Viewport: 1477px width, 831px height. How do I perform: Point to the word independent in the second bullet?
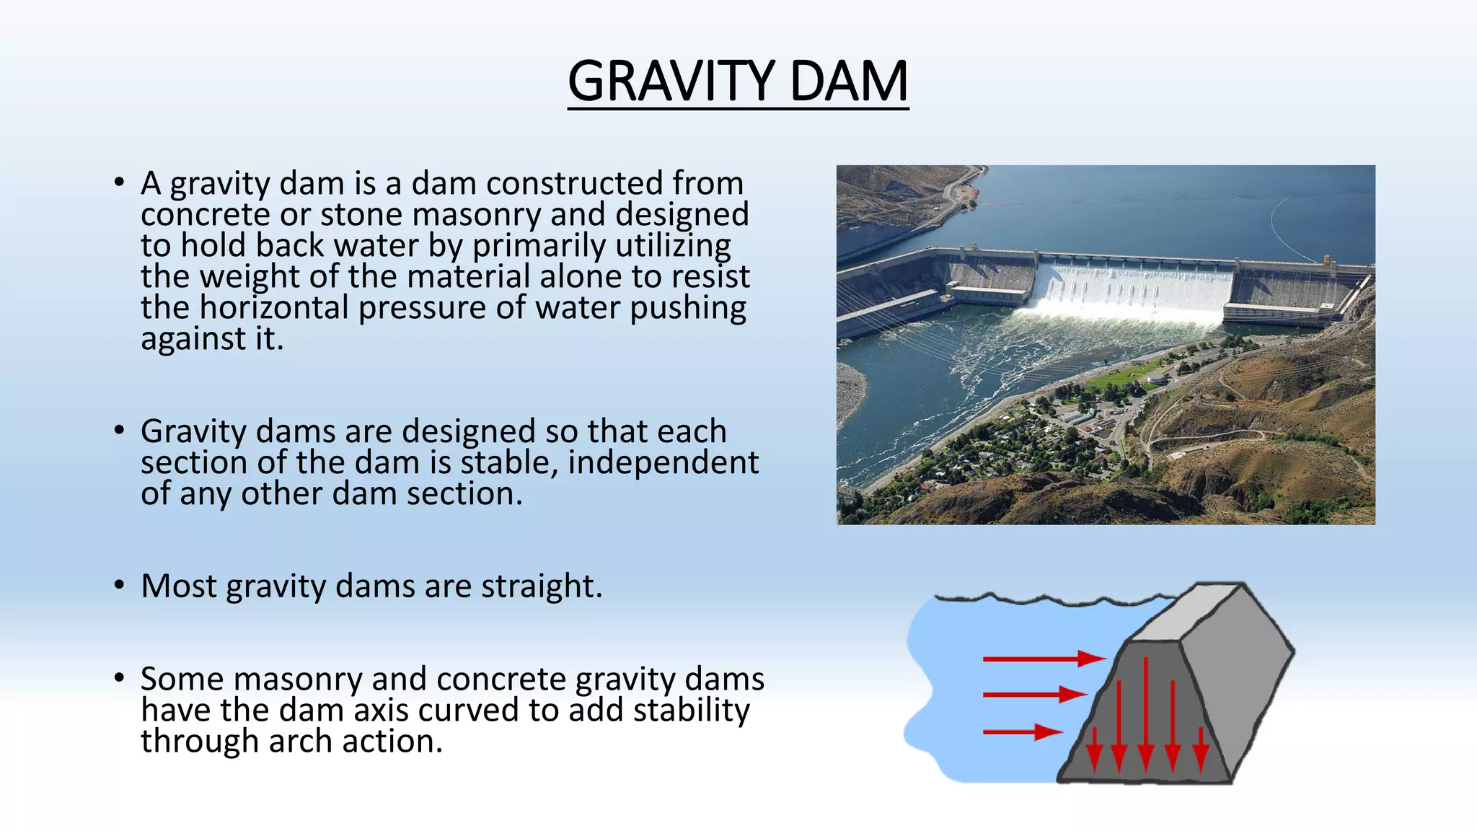point(663,463)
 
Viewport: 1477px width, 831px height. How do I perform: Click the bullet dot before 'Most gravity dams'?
point(119,584)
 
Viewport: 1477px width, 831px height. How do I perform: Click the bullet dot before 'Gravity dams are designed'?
point(119,430)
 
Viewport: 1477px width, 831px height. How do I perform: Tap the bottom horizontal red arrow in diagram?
point(1020,732)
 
